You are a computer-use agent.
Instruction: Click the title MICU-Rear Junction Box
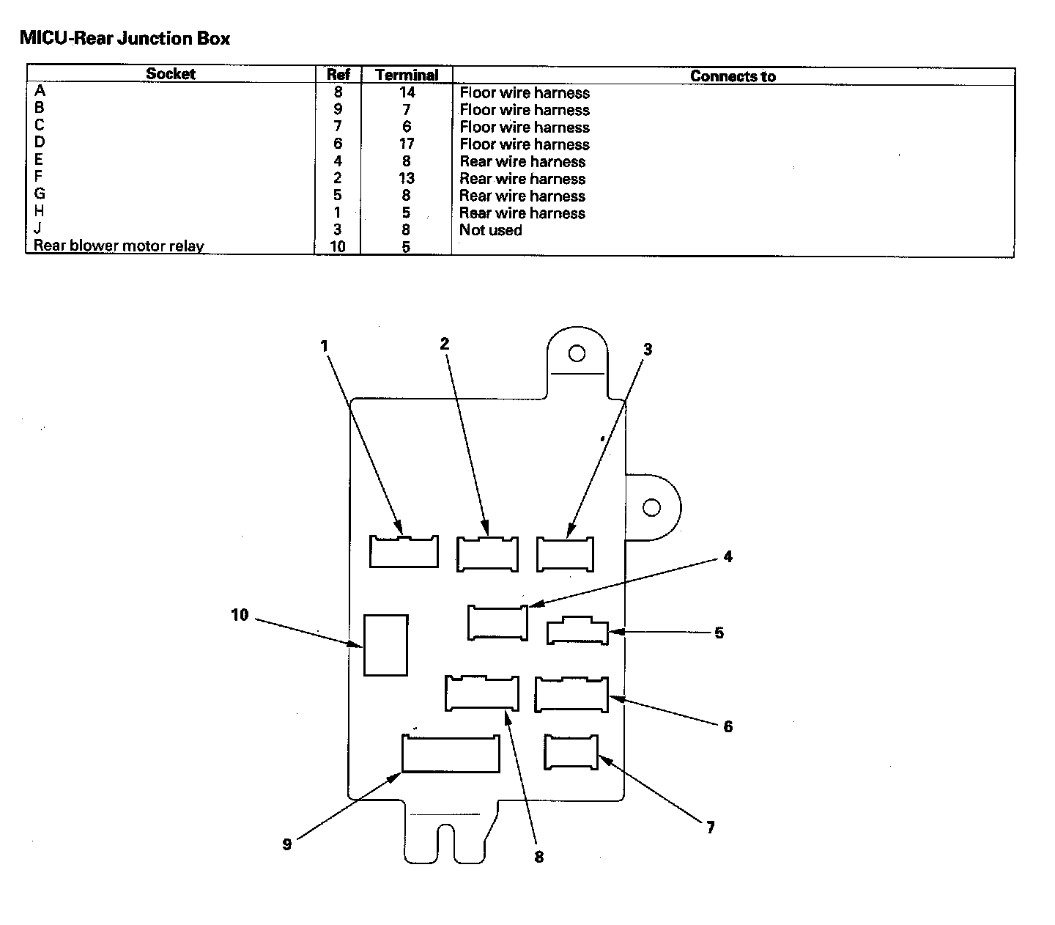(x=125, y=38)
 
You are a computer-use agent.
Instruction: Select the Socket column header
(x=171, y=74)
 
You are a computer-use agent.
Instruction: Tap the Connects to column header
(x=733, y=76)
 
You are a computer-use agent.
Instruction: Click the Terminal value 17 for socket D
(x=407, y=144)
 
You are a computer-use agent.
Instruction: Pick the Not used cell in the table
(x=490, y=230)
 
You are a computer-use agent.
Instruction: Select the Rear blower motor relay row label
(x=119, y=246)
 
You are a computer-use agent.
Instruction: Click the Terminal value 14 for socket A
(x=407, y=93)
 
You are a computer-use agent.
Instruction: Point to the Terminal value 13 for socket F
(x=407, y=179)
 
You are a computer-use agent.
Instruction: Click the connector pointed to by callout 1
(x=404, y=552)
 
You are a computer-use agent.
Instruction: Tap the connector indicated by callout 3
(x=565, y=555)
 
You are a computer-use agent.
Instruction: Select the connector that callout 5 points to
(x=577, y=632)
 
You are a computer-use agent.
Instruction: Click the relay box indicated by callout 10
(x=385, y=645)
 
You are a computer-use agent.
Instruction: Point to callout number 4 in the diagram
(x=728, y=557)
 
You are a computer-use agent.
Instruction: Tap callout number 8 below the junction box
(x=539, y=857)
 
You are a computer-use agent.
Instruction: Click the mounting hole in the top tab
(x=577, y=354)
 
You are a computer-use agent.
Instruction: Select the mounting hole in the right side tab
(x=651, y=507)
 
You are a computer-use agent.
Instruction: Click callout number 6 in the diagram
(x=728, y=726)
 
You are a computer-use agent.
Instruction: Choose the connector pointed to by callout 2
(x=487, y=554)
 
